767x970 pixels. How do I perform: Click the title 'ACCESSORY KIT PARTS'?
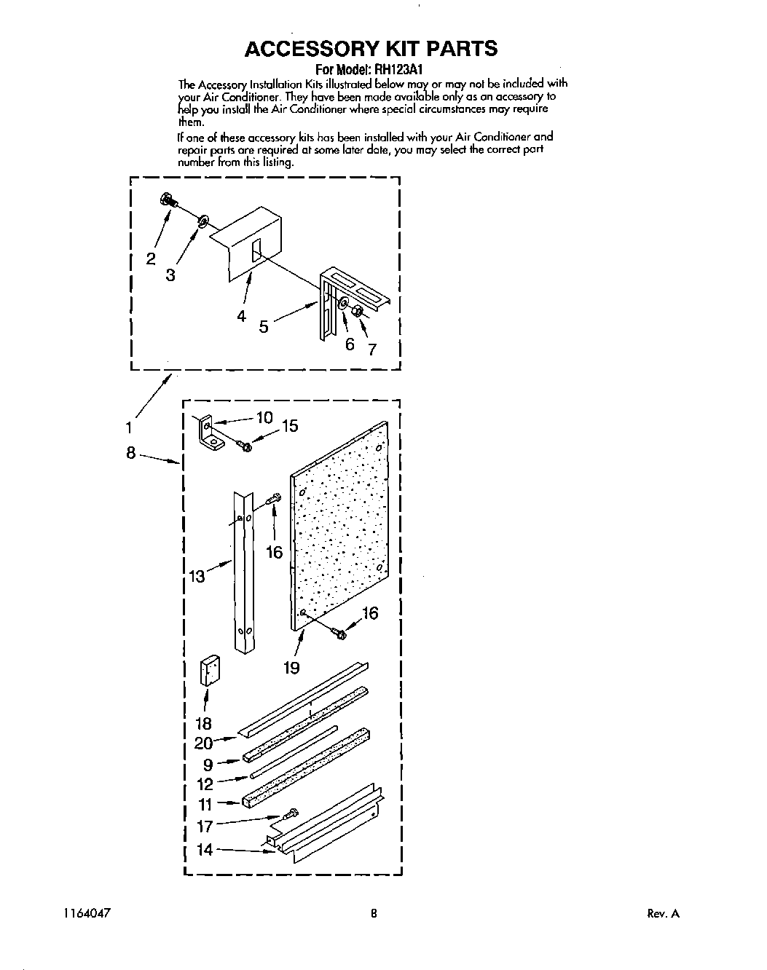pyautogui.click(x=371, y=49)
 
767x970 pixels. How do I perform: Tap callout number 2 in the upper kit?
pyautogui.click(x=151, y=259)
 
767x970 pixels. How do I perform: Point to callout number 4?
pyautogui.click(x=241, y=315)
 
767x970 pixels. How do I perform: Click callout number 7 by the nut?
pyautogui.click(x=372, y=349)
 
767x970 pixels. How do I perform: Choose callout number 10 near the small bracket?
pyautogui.click(x=263, y=418)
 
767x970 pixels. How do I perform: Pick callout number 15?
pyautogui.click(x=290, y=426)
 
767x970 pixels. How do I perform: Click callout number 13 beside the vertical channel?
pyautogui.click(x=197, y=577)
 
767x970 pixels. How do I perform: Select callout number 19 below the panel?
pyautogui.click(x=291, y=667)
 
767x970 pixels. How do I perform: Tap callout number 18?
pyautogui.click(x=203, y=723)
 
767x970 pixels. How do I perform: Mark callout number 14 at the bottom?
pyautogui.click(x=205, y=849)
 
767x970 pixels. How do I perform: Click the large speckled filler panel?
pyautogui.click(x=339, y=524)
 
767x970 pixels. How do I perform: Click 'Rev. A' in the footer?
pyautogui.click(x=663, y=914)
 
